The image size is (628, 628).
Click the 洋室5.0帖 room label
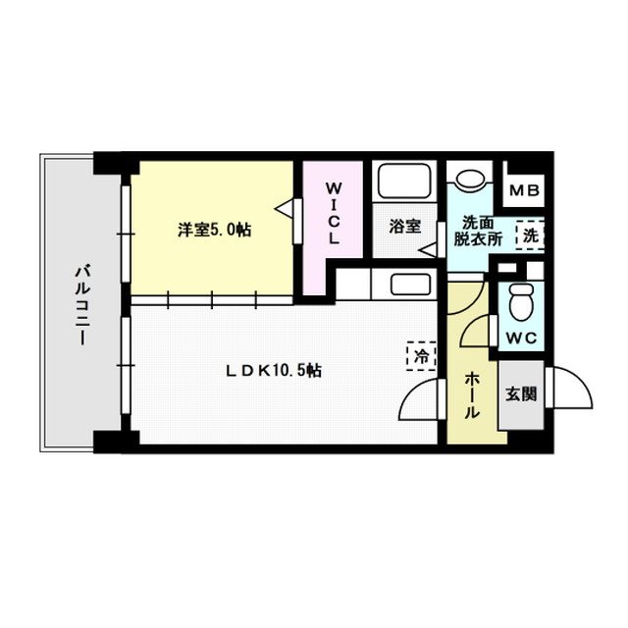click(x=213, y=230)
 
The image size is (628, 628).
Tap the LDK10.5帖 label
click(x=275, y=370)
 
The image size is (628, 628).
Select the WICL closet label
click(x=334, y=213)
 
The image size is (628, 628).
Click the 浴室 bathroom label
click(x=404, y=227)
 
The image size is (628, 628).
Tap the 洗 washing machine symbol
click(x=530, y=235)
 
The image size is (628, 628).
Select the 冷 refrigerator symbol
click(x=419, y=357)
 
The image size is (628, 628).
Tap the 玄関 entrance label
click(x=520, y=394)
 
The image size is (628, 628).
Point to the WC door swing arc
click(x=478, y=331)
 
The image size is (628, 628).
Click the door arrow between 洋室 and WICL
click(x=287, y=209)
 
